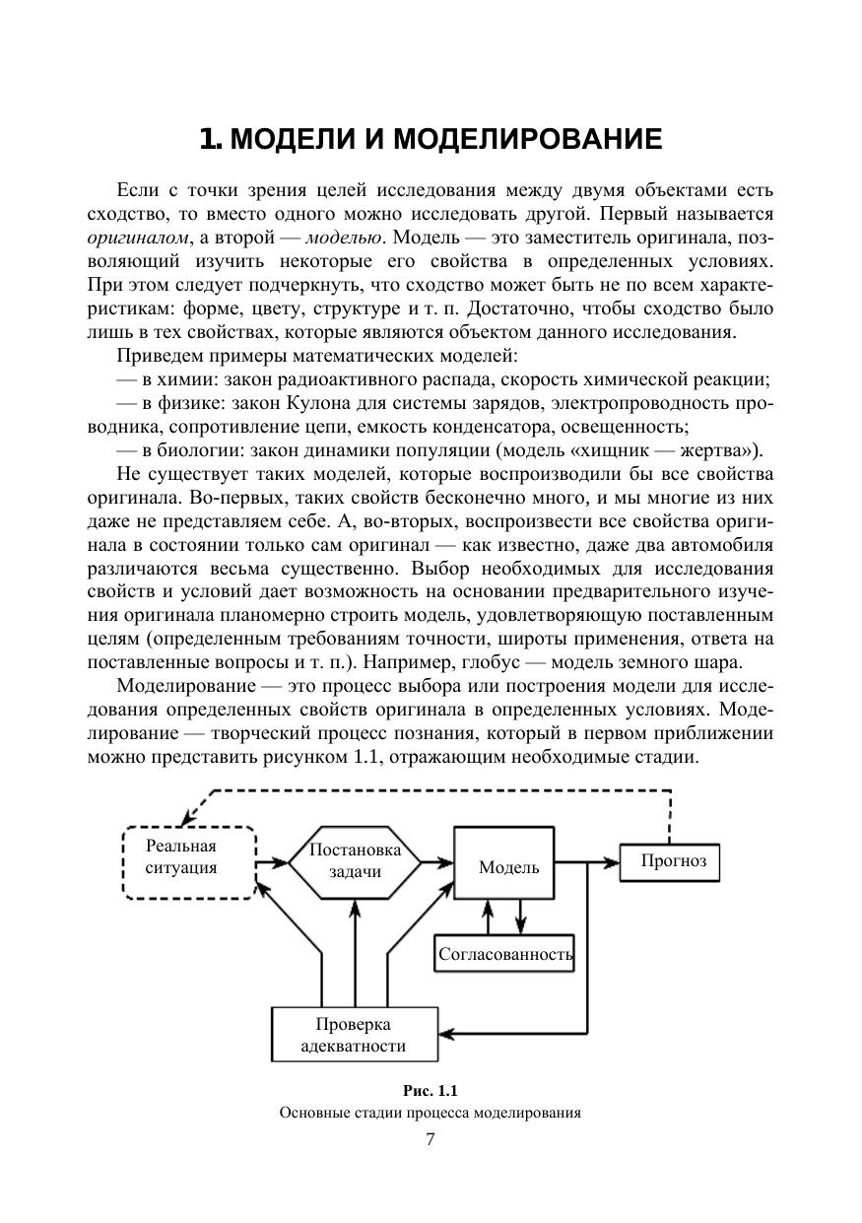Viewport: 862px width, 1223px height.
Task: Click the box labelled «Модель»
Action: tap(508, 867)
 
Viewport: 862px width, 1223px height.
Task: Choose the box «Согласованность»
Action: tap(505, 954)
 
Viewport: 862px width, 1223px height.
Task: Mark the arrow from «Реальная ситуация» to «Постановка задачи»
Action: tap(273, 863)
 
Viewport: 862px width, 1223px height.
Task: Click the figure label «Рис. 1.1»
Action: tap(431, 1091)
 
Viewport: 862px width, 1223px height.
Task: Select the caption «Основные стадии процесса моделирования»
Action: tap(431, 1114)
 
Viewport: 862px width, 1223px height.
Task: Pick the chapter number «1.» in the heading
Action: tap(209, 139)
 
